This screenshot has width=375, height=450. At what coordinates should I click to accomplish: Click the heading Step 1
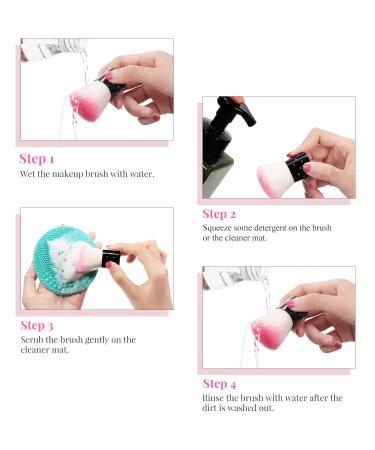(36, 159)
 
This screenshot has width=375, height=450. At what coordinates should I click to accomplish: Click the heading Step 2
(219, 214)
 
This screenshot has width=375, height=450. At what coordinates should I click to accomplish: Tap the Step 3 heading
(37, 326)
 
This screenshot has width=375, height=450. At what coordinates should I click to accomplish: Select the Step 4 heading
(219, 384)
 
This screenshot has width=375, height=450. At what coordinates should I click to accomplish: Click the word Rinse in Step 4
(213, 398)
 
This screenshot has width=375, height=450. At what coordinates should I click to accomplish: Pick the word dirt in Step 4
(209, 408)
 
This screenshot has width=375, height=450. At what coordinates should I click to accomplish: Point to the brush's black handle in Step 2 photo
(297, 167)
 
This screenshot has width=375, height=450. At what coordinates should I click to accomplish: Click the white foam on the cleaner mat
(65, 257)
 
